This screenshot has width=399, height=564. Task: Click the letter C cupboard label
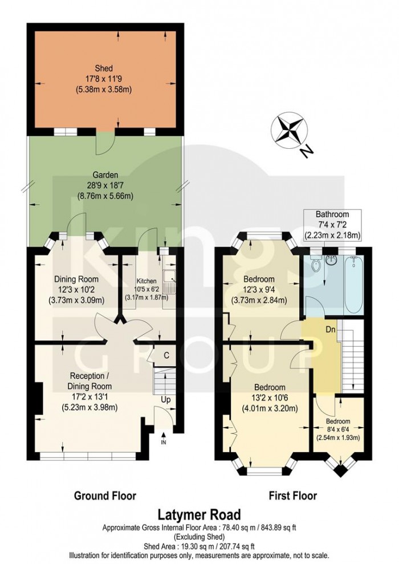[166, 355]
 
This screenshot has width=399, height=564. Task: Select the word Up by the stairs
[166, 400]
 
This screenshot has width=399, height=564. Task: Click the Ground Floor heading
[105, 496]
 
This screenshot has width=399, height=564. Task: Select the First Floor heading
[293, 496]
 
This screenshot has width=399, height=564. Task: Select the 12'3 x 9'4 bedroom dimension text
[259, 290]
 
